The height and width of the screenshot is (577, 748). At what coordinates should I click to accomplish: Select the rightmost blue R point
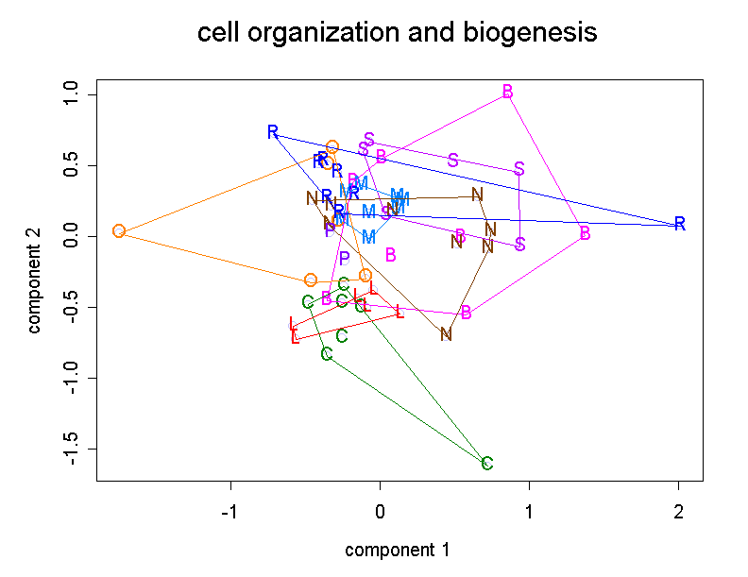[x=679, y=224]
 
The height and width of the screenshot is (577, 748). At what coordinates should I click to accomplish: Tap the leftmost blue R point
[x=273, y=132]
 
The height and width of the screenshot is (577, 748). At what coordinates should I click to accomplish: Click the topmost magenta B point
[x=508, y=92]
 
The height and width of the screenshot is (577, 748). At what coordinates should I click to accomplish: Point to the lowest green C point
[x=487, y=464]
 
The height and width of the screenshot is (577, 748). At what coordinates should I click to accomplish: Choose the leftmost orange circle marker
[x=119, y=231]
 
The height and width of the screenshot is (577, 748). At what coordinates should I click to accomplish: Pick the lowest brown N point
[x=447, y=334]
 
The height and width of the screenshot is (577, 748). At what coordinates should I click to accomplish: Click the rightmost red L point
[x=399, y=312]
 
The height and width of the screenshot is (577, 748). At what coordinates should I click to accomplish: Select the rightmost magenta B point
[x=586, y=233]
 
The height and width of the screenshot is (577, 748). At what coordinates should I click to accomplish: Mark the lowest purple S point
[x=519, y=245]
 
